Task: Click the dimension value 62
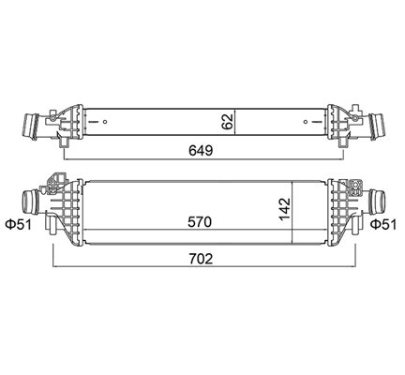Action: coord(228,122)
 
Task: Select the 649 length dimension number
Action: coord(201,151)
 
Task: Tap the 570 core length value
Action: coord(200,222)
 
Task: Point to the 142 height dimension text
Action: coord(285,209)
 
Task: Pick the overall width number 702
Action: coord(201,259)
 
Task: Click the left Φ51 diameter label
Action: coord(19,224)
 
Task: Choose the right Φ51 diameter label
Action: coord(383,224)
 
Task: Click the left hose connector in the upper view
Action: coord(31,126)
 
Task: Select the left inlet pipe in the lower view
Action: coord(30,202)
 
